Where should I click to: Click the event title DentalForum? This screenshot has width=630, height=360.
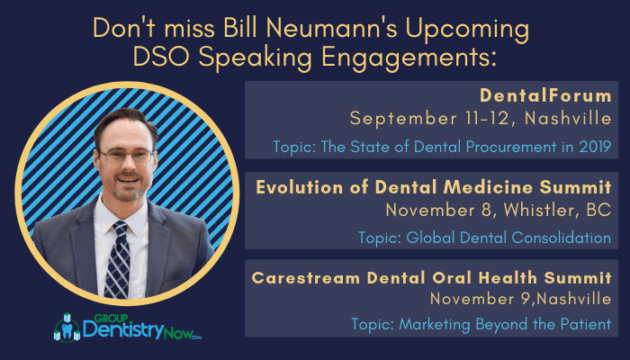point(545,95)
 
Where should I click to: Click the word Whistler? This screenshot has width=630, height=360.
point(538,210)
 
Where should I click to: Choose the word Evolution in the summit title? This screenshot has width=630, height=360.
point(300,187)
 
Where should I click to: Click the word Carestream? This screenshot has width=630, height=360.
point(306,278)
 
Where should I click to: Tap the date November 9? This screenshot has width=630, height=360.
point(481,299)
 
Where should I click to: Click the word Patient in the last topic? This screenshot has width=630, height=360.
point(589,324)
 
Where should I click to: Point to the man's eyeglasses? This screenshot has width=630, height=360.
point(125,154)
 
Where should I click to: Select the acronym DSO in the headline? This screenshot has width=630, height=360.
point(161,57)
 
